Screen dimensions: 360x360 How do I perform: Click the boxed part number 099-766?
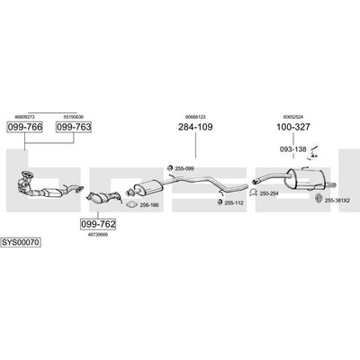(25, 127)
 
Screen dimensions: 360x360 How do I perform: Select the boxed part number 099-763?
(74, 127)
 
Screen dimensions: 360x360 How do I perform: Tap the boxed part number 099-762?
(98, 224)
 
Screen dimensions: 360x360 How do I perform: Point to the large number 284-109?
(195, 127)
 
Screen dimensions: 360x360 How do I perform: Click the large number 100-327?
(293, 127)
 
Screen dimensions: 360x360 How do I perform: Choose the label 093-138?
(293, 149)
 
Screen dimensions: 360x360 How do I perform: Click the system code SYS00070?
(21, 242)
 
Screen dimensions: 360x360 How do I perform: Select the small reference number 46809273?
(24, 117)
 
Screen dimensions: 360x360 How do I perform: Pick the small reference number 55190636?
(74, 117)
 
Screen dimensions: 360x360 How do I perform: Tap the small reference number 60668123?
(195, 117)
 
